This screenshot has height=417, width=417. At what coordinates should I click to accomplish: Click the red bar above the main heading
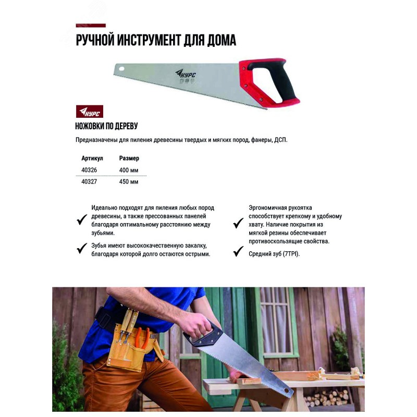coord(91,26)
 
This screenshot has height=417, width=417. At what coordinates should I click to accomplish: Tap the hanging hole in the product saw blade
coord(121,69)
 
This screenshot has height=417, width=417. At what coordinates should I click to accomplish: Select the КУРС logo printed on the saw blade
coord(186,73)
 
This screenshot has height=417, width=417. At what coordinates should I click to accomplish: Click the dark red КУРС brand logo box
coord(90,112)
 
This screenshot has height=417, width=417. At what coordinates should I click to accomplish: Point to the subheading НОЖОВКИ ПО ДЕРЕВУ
coord(106,126)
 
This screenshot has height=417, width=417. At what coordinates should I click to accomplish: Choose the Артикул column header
coord(92,158)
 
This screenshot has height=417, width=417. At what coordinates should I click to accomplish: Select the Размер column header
coord(129,158)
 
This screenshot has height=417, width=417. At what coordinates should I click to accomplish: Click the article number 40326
coord(89,170)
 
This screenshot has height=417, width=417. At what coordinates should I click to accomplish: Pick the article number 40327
coord(89,181)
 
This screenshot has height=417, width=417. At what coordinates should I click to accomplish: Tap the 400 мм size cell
coord(129,170)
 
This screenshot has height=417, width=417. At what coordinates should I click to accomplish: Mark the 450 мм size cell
coord(129,182)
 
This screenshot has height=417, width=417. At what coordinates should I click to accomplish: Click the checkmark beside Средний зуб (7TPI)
coord(238,252)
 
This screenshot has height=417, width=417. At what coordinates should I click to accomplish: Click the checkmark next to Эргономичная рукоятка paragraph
coord(238,223)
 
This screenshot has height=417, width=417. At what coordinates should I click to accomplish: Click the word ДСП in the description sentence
coord(280,140)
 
